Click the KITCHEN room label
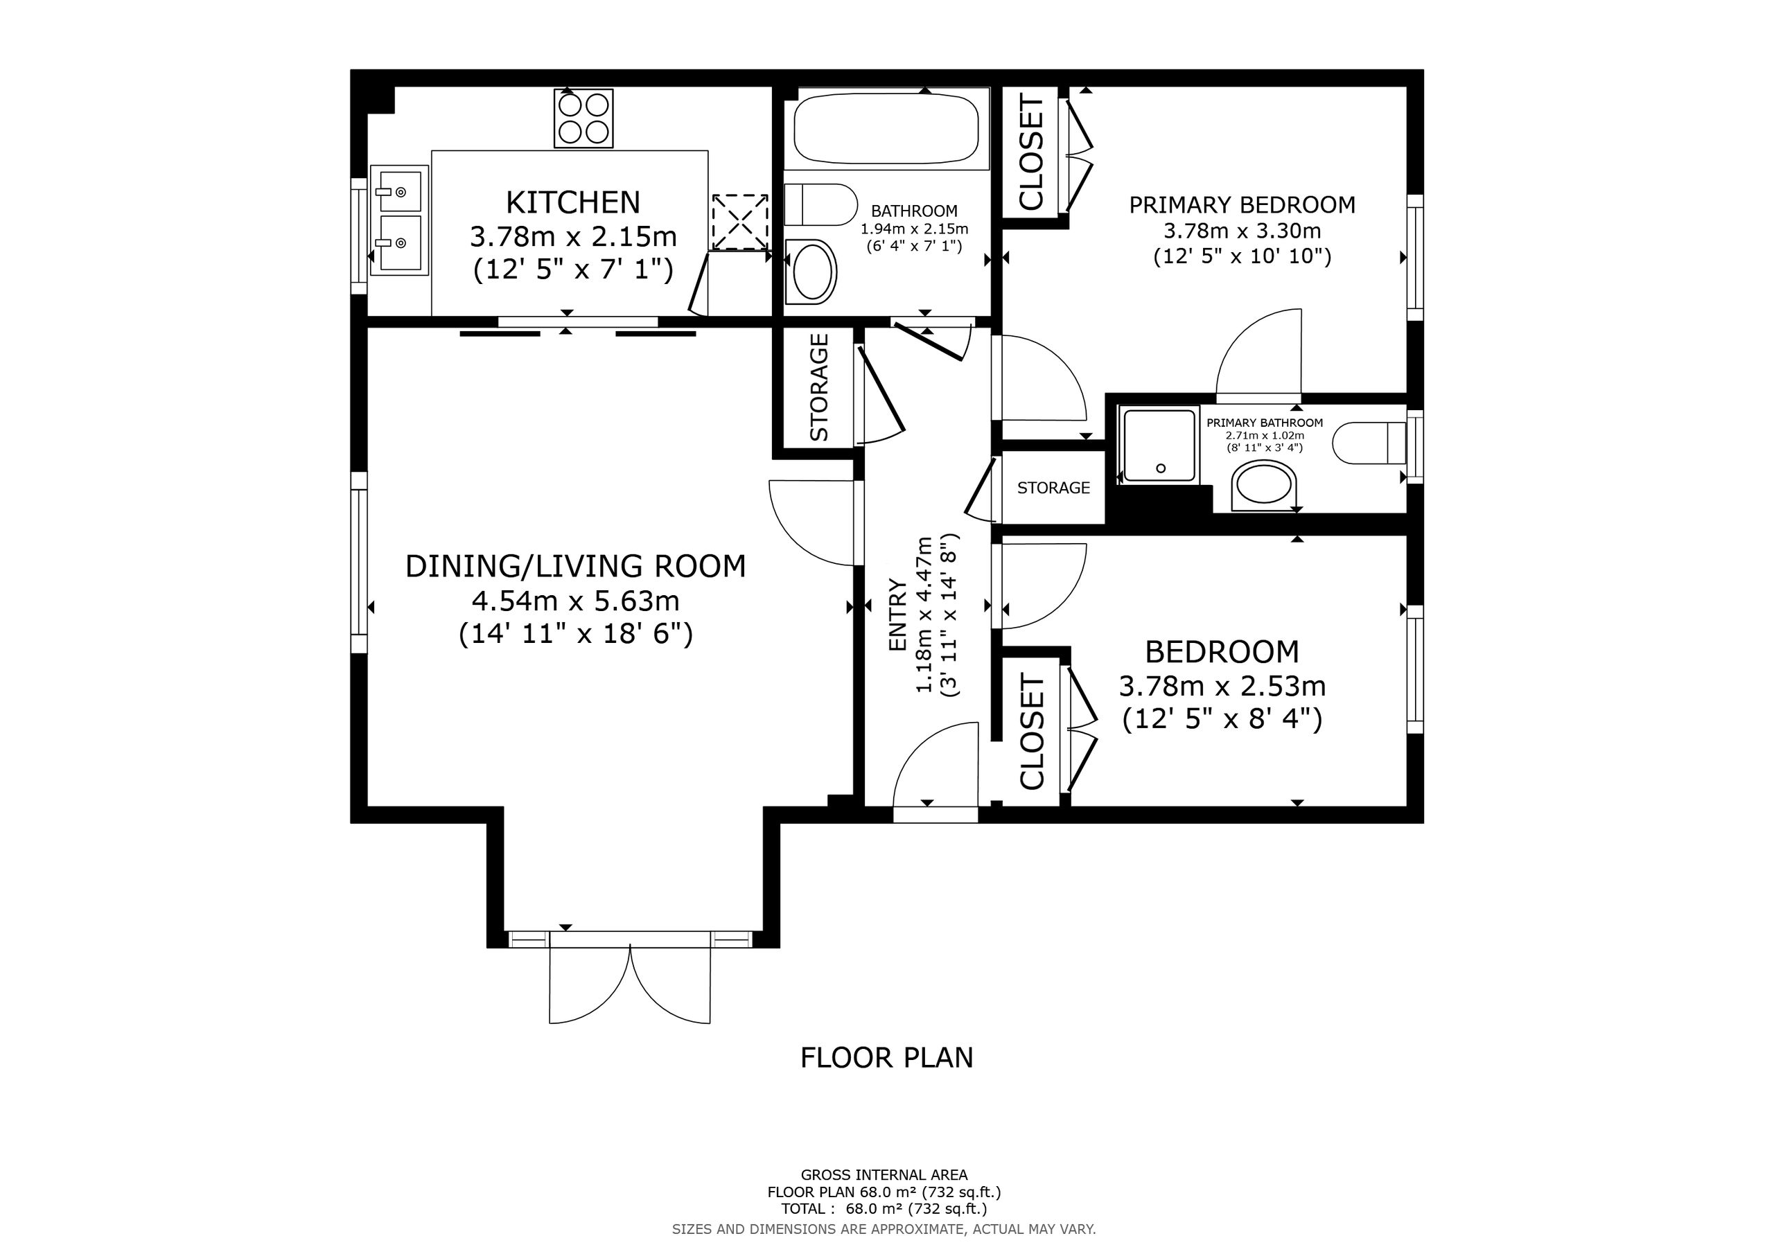tap(573, 202)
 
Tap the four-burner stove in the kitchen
tap(583, 118)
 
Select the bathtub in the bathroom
tap(886, 128)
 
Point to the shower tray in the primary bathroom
tap(1160, 445)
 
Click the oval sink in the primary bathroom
tap(1264, 486)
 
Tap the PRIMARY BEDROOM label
tap(1242, 205)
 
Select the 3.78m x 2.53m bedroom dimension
tap(1222, 686)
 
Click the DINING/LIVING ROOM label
tap(576, 566)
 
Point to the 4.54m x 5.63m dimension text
tap(576, 601)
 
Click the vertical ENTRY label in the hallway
tap(898, 615)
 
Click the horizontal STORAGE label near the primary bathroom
tap(1053, 488)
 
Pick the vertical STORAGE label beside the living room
tap(819, 387)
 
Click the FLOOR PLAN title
tap(887, 1058)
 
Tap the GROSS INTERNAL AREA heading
tap(884, 1175)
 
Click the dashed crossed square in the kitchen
tap(739, 222)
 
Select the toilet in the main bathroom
tap(820, 205)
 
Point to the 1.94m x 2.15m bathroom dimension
tap(914, 229)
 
